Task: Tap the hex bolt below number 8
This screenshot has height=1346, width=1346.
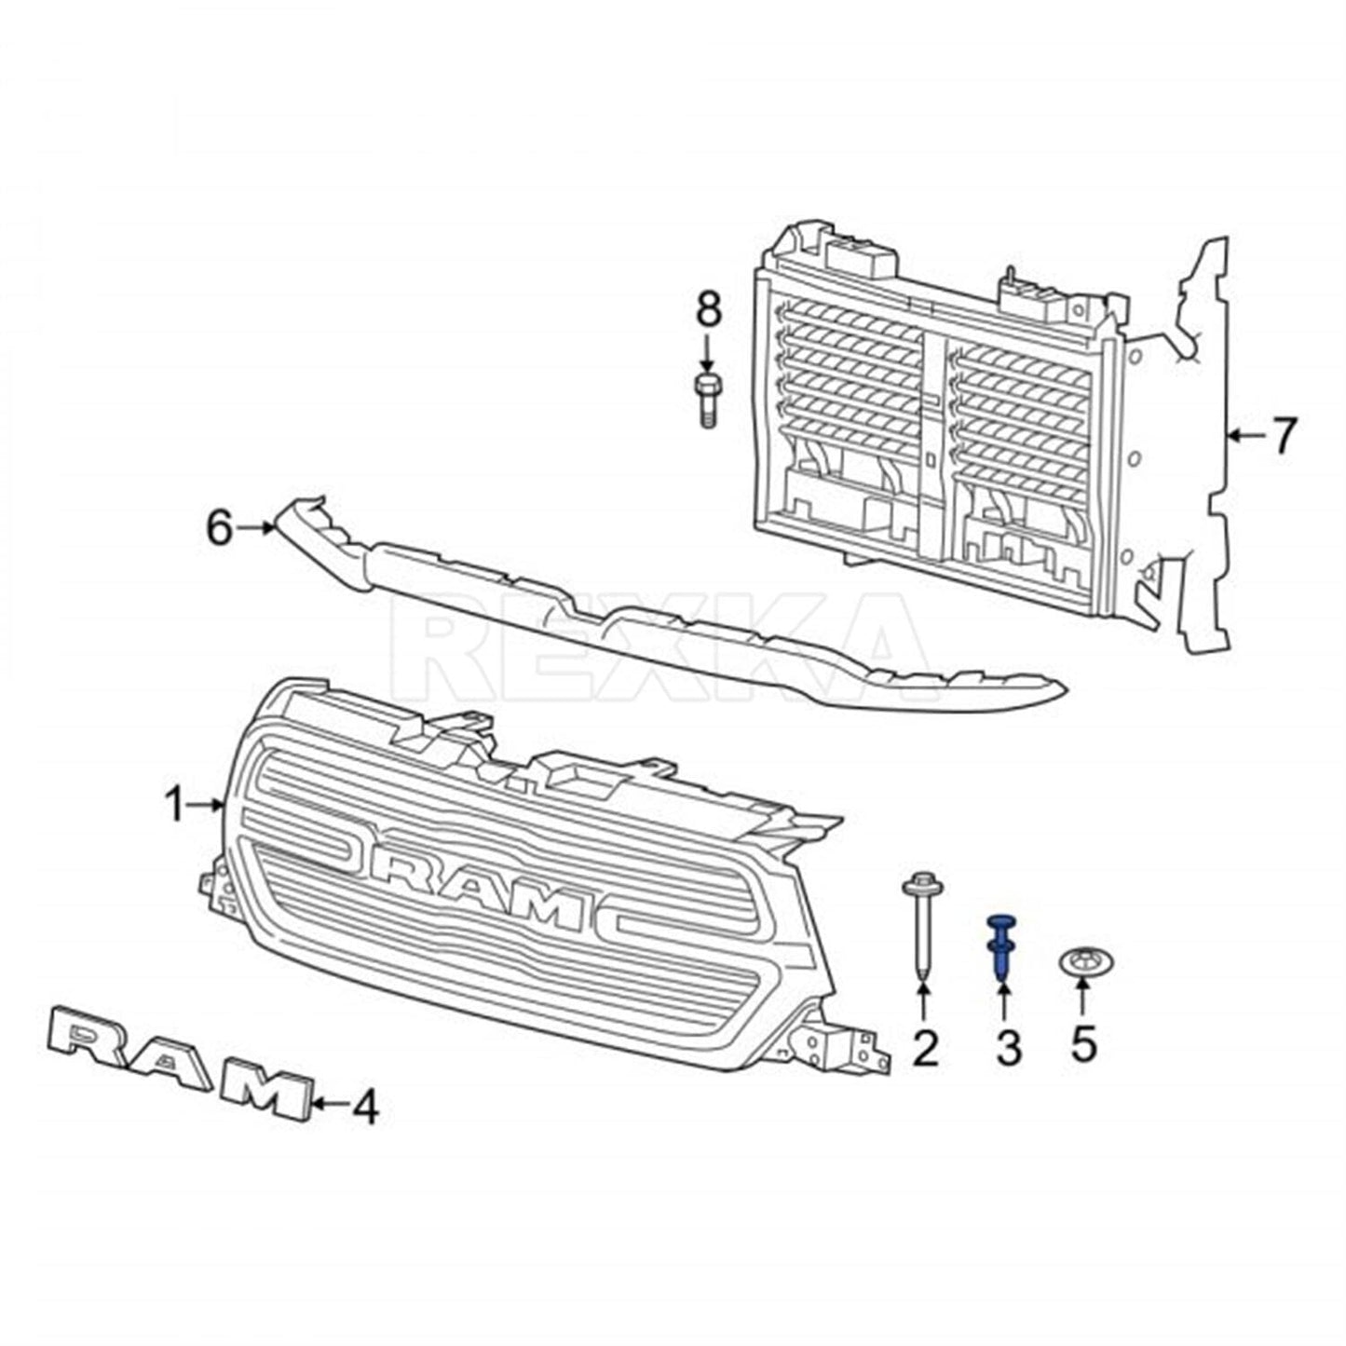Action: (708, 401)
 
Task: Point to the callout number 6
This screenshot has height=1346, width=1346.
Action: (219, 528)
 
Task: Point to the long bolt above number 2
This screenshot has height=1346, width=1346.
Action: (923, 926)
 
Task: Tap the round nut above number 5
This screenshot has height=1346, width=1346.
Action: (1082, 962)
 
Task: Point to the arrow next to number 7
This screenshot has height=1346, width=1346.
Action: (1246, 435)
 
